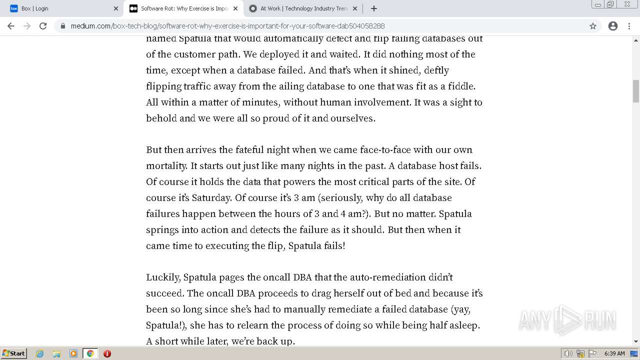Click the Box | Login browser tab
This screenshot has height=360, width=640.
[x=60, y=8]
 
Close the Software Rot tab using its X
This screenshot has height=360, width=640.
[x=235, y=8]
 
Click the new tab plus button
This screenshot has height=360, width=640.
[x=374, y=8]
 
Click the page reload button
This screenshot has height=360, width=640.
[x=43, y=26]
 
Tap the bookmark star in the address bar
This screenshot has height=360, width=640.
[x=593, y=26]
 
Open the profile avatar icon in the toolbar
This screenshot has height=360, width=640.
[x=613, y=26]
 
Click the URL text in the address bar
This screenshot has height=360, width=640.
[x=227, y=26]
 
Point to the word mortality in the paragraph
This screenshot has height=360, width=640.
[x=166, y=165]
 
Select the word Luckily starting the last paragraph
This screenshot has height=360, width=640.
[x=162, y=277]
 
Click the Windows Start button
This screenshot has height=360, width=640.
[x=14, y=353]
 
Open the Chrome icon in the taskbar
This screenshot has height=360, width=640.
[x=90, y=353]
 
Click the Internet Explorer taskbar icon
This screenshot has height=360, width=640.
[x=39, y=353]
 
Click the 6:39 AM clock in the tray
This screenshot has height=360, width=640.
[x=614, y=353]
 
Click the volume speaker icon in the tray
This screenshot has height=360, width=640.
[x=568, y=353]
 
